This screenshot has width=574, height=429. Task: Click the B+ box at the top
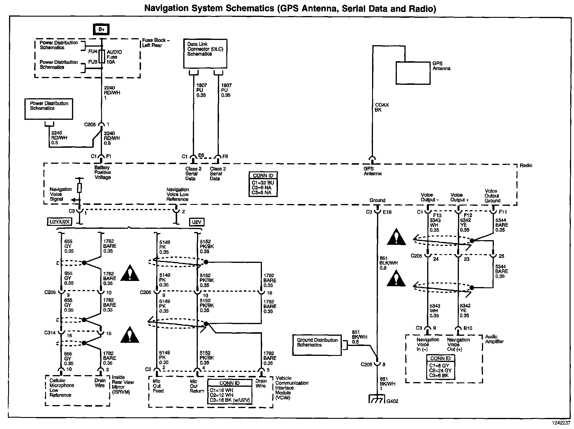tap(101, 29)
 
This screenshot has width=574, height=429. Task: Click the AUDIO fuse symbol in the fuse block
tap(102, 57)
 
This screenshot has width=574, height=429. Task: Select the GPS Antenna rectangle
tap(413, 73)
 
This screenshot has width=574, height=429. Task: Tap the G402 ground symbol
tap(377, 399)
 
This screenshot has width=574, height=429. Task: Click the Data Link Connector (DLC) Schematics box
tap(205, 54)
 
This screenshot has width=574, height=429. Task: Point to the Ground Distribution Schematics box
tap(317, 345)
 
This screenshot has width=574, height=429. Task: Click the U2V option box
tap(197, 222)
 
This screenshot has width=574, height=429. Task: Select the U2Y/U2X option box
tap(59, 222)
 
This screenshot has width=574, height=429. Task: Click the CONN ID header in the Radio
tap(263, 176)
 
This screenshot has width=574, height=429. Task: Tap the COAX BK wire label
tap(382, 107)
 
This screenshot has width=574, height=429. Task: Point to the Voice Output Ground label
tap(492, 196)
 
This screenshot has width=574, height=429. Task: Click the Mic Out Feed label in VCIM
tap(158, 386)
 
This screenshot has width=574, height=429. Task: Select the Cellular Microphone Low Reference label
tap(62, 388)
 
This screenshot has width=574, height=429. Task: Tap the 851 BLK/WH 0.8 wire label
tap(388, 263)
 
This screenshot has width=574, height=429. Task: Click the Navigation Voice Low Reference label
tap(177, 194)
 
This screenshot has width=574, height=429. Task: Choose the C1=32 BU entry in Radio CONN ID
tap(263, 183)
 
